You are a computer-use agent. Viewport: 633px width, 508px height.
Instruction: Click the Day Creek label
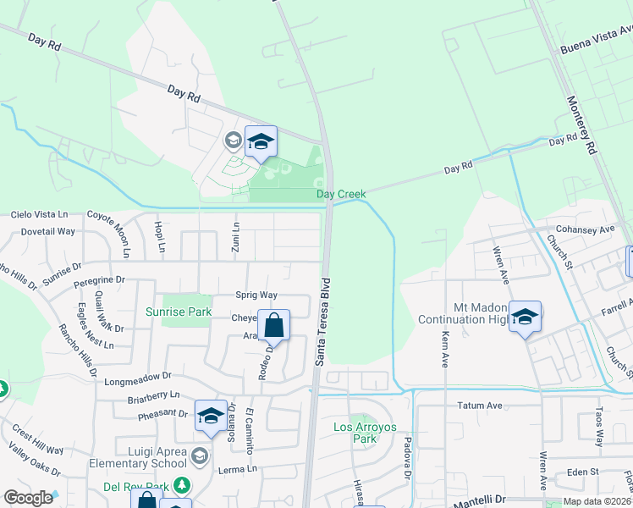pyautogui.click(x=341, y=195)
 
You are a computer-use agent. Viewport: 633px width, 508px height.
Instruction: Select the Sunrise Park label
pyautogui.click(x=178, y=312)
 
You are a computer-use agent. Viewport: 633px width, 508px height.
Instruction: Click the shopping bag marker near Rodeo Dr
pyautogui.click(x=273, y=327)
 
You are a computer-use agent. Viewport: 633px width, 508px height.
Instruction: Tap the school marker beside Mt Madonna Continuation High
pyautogui.click(x=525, y=318)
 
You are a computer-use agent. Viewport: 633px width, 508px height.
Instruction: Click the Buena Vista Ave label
pyautogui.click(x=597, y=39)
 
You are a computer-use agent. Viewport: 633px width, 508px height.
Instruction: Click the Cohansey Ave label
pyautogui.click(x=585, y=229)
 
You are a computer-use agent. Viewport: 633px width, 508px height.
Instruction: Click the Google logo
pyautogui.click(x=28, y=498)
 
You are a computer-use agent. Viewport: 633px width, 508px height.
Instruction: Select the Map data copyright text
pyautogui.click(x=597, y=501)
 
